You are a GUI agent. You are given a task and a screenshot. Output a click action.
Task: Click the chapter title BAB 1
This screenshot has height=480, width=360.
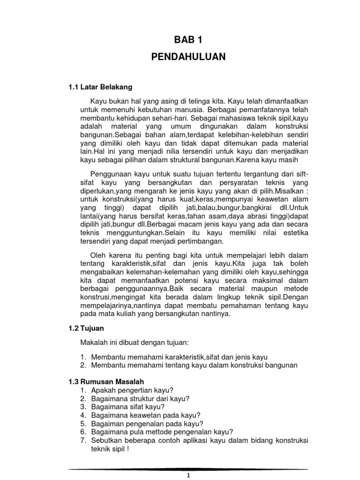click(x=188, y=40)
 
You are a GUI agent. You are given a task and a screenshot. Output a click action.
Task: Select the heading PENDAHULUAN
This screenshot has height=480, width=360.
click(x=188, y=57)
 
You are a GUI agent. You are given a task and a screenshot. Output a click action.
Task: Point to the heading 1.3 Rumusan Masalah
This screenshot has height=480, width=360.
click(x=104, y=382)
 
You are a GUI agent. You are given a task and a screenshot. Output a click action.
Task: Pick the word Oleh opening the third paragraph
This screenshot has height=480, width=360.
click(x=97, y=255)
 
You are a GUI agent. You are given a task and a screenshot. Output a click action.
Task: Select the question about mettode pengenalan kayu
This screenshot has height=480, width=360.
click(x=162, y=432)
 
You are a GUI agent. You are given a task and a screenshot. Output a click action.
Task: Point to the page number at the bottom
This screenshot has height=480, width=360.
click(x=187, y=475)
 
